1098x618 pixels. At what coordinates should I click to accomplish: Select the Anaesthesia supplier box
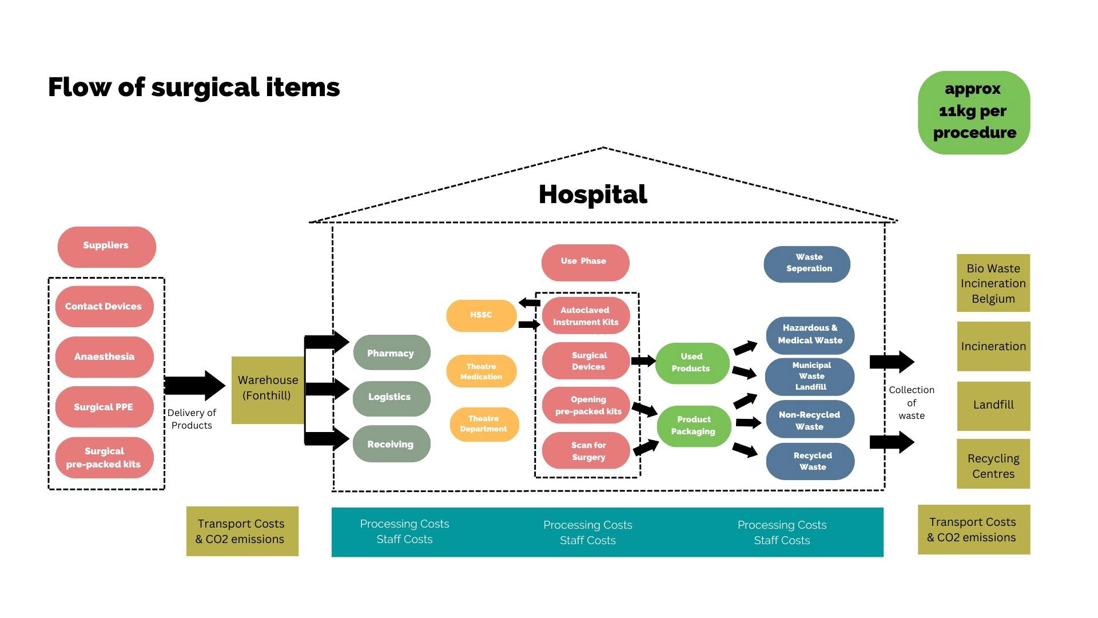pyautogui.click(x=104, y=356)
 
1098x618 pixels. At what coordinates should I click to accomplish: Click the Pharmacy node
pyautogui.click(x=391, y=352)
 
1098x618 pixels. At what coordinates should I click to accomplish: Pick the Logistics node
pyautogui.click(x=391, y=398)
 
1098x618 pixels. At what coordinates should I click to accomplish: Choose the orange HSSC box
pyautogui.click(x=481, y=315)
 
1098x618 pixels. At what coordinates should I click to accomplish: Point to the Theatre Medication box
pyautogui.click(x=482, y=371)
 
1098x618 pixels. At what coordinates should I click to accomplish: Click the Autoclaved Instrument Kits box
pyautogui.click(x=586, y=316)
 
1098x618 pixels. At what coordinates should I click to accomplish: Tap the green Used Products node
pyautogui.click(x=692, y=363)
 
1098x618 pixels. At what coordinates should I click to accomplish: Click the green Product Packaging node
pyautogui.click(x=693, y=426)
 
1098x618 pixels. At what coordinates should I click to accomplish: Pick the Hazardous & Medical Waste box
pyautogui.click(x=810, y=335)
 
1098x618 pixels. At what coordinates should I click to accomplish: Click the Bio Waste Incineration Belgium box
pyautogui.click(x=993, y=283)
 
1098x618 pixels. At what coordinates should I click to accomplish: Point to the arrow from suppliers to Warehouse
pyautogui.click(x=194, y=386)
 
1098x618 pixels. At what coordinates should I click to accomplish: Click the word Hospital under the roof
pyautogui.click(x=592, y=195)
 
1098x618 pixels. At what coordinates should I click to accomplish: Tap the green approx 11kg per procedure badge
pyautogui.click(x=973, y=112)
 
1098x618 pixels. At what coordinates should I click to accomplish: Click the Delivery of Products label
pyautogui.click(x=192, y=419)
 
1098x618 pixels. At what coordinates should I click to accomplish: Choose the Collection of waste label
pyautogui.click(x=911, y=403)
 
